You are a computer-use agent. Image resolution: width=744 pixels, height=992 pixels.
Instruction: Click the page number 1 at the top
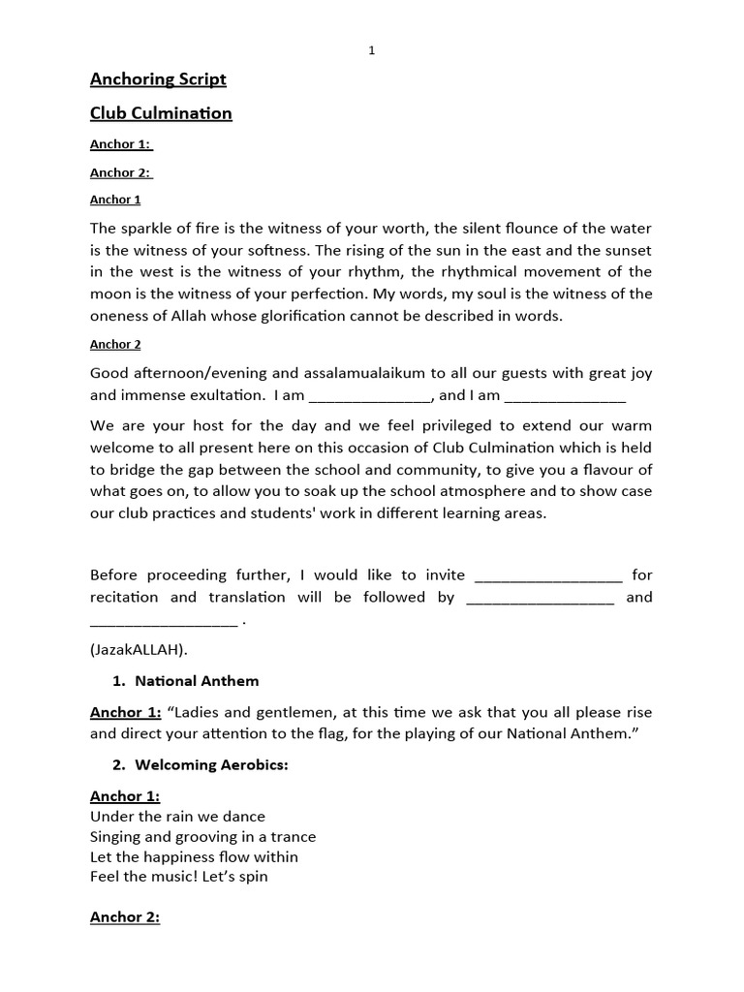(372, 51)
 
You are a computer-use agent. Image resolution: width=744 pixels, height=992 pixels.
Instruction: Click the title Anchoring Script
(158, 79)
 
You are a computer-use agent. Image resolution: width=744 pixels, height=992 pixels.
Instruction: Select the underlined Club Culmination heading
(161, 113)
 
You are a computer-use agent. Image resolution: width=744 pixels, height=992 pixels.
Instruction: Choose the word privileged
(431, 425)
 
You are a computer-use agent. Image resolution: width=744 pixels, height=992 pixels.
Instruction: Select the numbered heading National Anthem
(197, 681)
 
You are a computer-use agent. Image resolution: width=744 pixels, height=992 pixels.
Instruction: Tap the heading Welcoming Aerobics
(211, 764)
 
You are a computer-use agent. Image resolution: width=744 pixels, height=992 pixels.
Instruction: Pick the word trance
(293, 836)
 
